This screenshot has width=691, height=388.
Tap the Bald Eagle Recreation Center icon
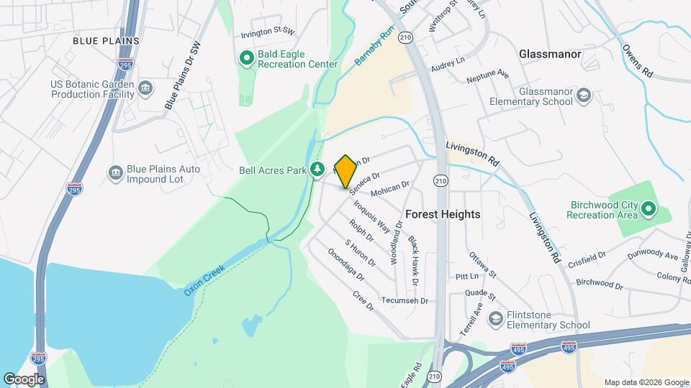(x=246, y=57)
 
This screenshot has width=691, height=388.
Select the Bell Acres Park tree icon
(x=317, y=170)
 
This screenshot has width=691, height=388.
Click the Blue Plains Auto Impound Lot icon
(x=115, y=173)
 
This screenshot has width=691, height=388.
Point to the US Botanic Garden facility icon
(x=145, y=88)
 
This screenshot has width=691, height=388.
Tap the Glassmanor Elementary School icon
(x=584, y=96)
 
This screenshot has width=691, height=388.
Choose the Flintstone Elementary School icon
(x=496, y=318)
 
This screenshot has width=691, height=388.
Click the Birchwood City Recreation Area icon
(x=648, y=209)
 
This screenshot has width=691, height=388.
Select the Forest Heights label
(x=443, y=214)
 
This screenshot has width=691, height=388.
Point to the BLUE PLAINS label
(x=106, y=41)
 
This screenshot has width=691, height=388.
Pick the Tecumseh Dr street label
(x=405, y=300)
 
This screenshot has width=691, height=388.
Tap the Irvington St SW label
(x=268, y=32)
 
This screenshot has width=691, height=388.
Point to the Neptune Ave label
(x=487, y=75)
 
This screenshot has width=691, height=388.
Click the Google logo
(x=24, y=379)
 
